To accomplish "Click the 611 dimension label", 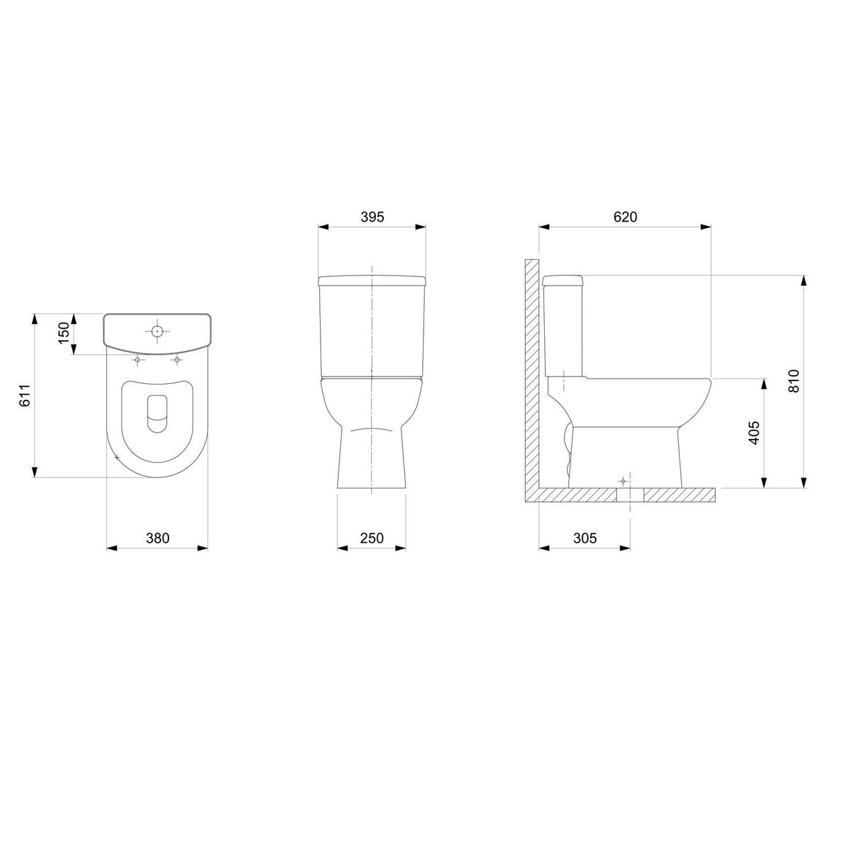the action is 26,395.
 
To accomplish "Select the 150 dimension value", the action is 65,333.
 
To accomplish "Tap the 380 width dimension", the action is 158,537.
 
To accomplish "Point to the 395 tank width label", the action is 372,217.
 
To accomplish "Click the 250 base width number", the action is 372,537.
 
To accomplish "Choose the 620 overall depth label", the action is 625,217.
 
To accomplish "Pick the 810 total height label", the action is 793,380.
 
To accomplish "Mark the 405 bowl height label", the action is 754,432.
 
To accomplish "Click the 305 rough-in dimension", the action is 585,537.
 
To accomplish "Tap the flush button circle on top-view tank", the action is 157,331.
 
